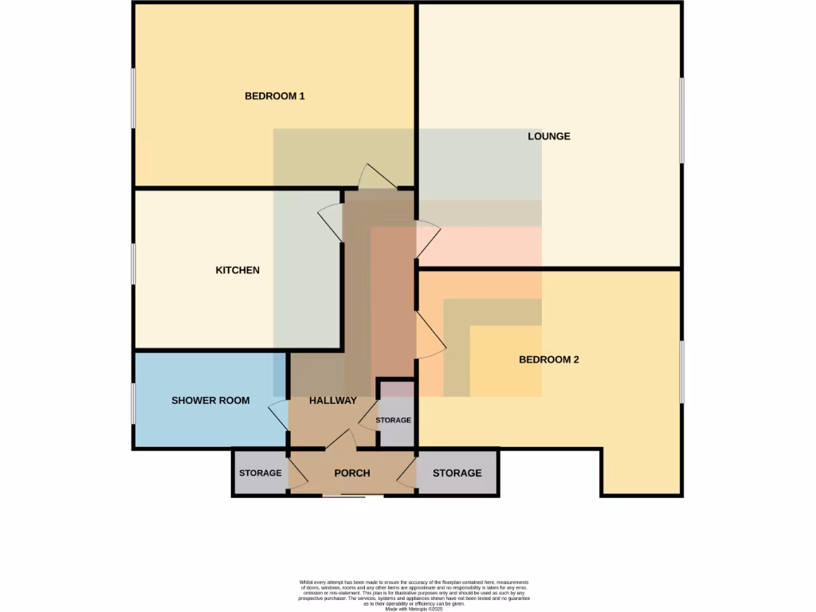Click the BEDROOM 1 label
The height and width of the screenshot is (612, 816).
pyautogui.click(x=274, y=96)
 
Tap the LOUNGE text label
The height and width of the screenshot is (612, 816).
pyautogui.click(x=549, y=136)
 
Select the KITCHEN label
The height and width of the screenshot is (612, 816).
pyautogui.click(x=237, y=270)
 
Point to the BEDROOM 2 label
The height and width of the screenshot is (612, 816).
pyautogui.click(x=548, y=359)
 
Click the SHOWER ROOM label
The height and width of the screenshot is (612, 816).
pyautogui.click(x=210, y=401)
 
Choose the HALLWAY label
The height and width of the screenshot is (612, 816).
pyautogui.click(x=333, y=401)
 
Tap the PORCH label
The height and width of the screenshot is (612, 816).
pyautogui.click(x=352, y=473)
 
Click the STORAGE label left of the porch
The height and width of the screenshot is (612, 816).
pyautogui.click(x=260, y=473)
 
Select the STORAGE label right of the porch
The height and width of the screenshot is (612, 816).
pyautogui.click(x=457, y=473)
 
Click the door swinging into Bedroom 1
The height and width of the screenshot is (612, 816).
pyautogui.click(x=374, y=176)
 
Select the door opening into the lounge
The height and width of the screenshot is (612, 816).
pyautogui.click(x=428, y=237)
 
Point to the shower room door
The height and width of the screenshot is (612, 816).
pyautogui.click(x=279, y=414)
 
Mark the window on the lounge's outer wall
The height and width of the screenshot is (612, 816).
pyautogui.click(x=681, y=120)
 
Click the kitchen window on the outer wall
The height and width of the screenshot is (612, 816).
pyautogui.click(x=133, y=264)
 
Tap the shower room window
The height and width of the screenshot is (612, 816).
pyautogui.click(x=133, y=402)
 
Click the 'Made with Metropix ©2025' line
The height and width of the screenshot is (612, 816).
pyautogui.click(x=414, y=610)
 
